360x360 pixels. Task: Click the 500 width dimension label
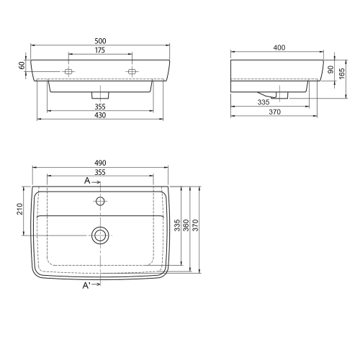pyautogui.click(x=100, y=41)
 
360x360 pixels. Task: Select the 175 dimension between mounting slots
pyautogui.click(x=100, y=50)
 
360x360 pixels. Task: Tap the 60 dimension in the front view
pyautogui.click(x=22, y=66)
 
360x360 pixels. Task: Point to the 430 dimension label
pyautogui.click(x=100, y=115)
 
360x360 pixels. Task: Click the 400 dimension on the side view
pyautogui.click(x=279, y=48)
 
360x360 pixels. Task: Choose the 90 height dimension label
pyautogui.click(x=330, y=70)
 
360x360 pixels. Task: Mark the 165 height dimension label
pyautogui.click(x=342, y=73)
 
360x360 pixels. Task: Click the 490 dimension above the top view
pyautogui.click(x=100, y=163)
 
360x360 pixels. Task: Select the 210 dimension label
pyautogui.click(x=19, y=209)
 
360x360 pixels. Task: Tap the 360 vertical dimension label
pyautogui.click(x=186, y=225)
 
